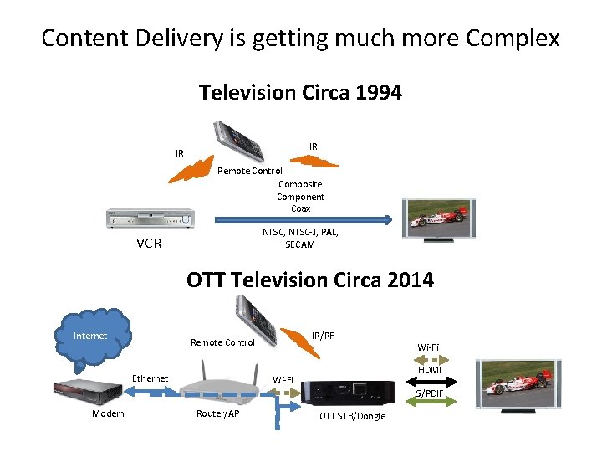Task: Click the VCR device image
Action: pyautogui.click(x=150, y=219)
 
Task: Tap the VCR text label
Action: pyautogui.click(x=149, y=245)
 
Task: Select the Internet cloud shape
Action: pyautogui.click(x=93, y=338)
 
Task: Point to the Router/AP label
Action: pyautogui.click(x=217, y=413)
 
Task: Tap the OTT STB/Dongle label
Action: pyautogui.click(x=353, y=416)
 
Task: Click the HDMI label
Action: pyautogui.click(x=429, y=370)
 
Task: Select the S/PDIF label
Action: pyautogui.click(x=430, y=393)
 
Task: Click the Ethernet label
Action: pyautogui.click(x=150, y=378)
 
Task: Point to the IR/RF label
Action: pyautogui.click(x=323, y=335)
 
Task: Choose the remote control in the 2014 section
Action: pyautogui.click(x=257, y=315)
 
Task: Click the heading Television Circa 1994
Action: pyautogui.click(x=300, y=92)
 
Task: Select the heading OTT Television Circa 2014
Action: pyautogui.click(x=310, y=280)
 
